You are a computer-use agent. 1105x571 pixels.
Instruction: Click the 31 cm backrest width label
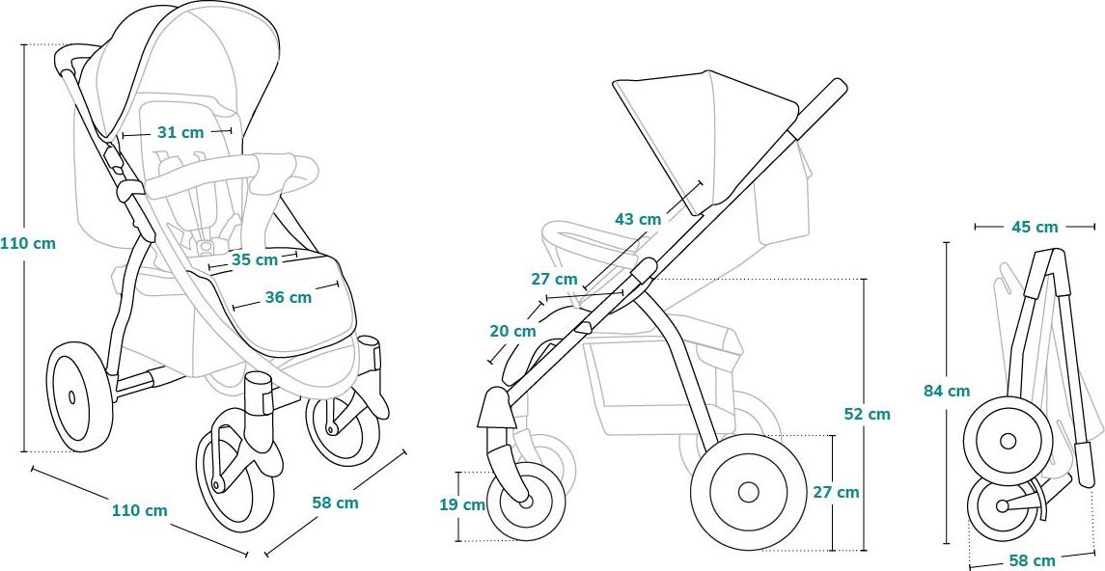pyautogui.click(x=180, y=132)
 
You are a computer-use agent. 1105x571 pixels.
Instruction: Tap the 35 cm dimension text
pyautogui.click(x=255, y=259)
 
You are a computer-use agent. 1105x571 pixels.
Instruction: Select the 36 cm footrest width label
pyautogui.click(x=289, y=297)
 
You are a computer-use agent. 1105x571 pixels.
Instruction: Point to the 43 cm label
pyautogui.click(x=639, y=219)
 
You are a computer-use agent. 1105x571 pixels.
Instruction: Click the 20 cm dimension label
pyautogui.click(x=513, y=330)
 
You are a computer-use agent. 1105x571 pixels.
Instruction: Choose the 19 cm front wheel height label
pyautogui.click(x=462, y=504)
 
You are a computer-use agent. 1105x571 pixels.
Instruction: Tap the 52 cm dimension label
pyautogui.click(x=868, y=414)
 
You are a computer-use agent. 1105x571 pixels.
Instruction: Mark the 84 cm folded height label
pyautogui.click(x=947, y=391)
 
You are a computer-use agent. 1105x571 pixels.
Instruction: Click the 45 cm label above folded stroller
pyautogui.click(x=1035, y=227)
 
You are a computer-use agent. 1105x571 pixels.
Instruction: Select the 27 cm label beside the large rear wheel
pyautogui.click(x=837, y=492)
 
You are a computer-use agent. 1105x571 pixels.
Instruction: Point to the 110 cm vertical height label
pyautogui.click(x=27, y=244)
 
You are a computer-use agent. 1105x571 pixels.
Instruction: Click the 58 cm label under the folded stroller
pyautogui.click(x=1034, y=560)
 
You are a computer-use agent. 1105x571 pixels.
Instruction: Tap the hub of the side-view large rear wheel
pyautogui.click(x=749, y=492)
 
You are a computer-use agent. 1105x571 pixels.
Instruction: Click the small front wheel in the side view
pyautogui.click(x=526, y=502)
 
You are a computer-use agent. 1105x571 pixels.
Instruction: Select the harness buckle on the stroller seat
pyautogui.click(x=206, y=246)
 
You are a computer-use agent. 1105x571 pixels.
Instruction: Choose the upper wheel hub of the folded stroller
pyautogui.click(x=1008, y=442)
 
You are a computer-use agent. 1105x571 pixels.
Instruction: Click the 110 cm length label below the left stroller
pyautogui.click(x=140, y=509)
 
